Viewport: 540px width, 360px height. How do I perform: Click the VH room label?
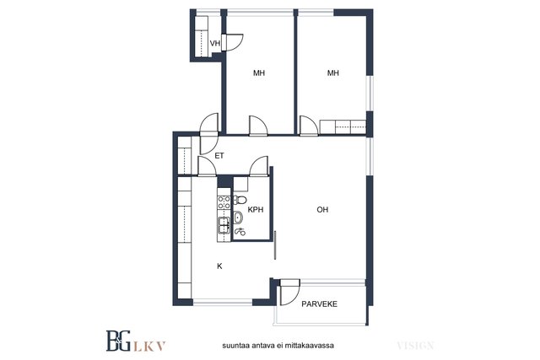pos(215,43)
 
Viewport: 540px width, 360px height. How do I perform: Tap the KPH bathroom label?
pos(256,210)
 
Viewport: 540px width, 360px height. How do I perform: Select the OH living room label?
pos(322,210)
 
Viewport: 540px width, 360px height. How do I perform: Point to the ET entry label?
pos(219,156)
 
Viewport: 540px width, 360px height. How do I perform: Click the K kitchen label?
pos(219,266)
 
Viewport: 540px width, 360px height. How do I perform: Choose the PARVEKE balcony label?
pos(319,304)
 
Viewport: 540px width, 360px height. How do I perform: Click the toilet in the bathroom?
pos(240,200)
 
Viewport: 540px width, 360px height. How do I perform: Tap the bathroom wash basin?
pos(238,218)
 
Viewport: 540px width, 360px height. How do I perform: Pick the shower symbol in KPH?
pos(240,232)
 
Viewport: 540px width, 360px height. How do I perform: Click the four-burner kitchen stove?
pos(224,202)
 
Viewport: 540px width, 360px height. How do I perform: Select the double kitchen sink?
pos(224,226)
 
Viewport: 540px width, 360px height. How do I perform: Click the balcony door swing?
pos(290,293)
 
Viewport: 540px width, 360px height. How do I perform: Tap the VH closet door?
pos(233,42)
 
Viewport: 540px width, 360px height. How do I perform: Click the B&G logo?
pos(118,341)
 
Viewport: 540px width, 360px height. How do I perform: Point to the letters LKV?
pos(149,347)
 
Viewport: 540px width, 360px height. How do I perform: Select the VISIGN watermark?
pos(415,346)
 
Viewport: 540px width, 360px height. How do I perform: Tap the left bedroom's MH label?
pos(259,73)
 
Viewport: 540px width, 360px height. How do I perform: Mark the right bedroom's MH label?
pos(333,73)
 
